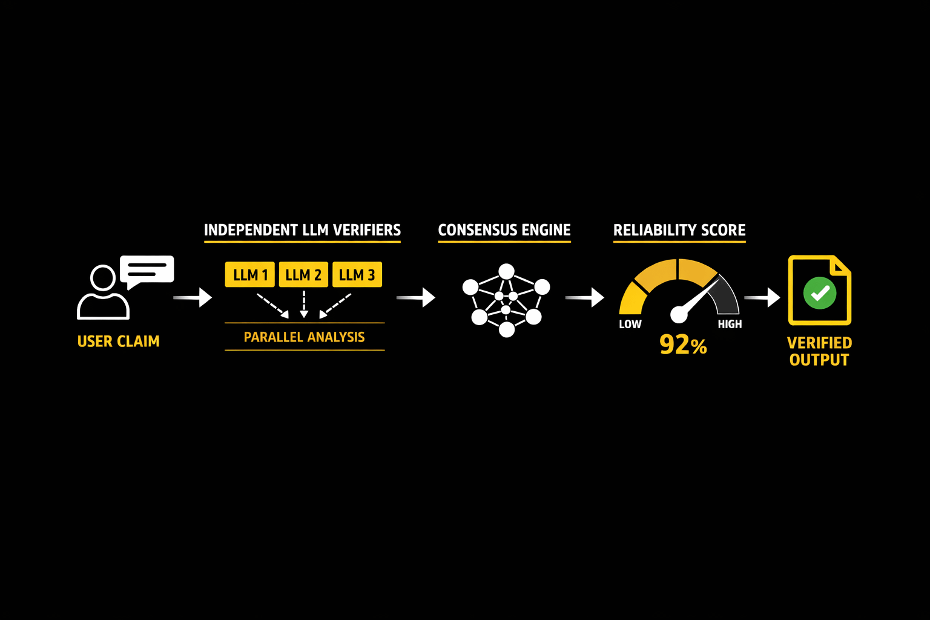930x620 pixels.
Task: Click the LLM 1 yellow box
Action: click(x=249, y=275)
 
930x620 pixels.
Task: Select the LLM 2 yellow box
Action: click(x=303, y=275)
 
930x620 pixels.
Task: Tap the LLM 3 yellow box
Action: click(x=357, y=275)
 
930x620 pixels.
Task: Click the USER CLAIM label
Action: click(x=119, y=341)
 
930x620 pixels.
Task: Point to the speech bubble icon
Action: click(x=147, y=270)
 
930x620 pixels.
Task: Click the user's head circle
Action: click(x=103, y=279)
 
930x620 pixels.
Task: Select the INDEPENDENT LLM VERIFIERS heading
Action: click(x=302, y=230)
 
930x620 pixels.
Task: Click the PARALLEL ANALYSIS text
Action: click(x=304, y=337)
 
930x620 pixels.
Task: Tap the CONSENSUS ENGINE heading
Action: click(x=504, y=230)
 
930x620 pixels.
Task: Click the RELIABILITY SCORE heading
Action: click(x=679, y=230)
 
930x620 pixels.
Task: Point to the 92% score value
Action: click(x=683, y=345)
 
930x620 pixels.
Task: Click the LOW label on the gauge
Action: click(x=630, y=324)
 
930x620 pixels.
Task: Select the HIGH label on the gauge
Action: click(x=730, y=324)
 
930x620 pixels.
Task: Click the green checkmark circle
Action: click(x=820, y=293)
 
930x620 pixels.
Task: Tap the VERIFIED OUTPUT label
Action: click(x=819, y=351)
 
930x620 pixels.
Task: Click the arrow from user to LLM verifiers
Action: click(x=193, y=297)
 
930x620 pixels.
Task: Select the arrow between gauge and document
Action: click(x=762, y=297)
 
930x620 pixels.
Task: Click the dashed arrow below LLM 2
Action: click(x=304, y=304)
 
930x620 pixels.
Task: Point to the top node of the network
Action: click(x=506, y=271)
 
